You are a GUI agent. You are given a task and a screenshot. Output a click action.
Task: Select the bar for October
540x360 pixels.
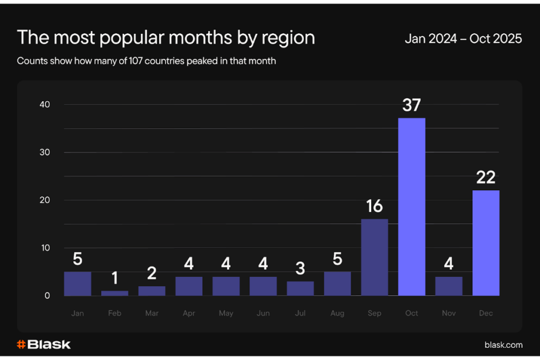[x=411, y=207]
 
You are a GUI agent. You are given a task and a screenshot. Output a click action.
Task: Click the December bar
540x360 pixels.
[x=486, y=243]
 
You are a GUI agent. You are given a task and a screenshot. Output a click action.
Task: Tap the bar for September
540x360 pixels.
[x=374, y=257]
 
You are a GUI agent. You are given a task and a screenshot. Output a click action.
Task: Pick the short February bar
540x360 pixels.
[x=114, y=293]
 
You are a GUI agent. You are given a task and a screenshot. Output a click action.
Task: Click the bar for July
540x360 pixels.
[x=300, y=288]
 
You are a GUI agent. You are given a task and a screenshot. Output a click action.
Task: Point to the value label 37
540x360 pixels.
[x=411, y=105]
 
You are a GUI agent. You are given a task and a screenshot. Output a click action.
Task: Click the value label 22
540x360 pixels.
[x=486, y=178]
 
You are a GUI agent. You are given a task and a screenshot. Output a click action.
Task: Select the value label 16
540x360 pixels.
[x=374, y=206]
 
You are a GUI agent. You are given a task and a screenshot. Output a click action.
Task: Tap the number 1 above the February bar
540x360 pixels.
[x=114, y=278]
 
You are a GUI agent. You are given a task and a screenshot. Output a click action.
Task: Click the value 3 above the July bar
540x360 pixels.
[x=300, y=268]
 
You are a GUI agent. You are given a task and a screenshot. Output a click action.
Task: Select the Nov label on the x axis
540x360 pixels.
[x=449, y=313]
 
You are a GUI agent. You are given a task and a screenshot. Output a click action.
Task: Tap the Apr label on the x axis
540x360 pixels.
[x=189, y=313]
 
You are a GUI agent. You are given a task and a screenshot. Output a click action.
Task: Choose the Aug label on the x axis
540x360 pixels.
[x=337, y=313]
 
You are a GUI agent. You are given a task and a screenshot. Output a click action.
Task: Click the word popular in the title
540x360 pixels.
[x=117, y=38]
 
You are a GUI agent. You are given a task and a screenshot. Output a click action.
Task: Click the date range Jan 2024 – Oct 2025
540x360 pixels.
[x=463, y=38]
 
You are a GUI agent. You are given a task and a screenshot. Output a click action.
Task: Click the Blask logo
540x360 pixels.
[x=44, y=345]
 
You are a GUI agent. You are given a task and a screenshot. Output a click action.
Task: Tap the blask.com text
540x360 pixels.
[x=503, y=345]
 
